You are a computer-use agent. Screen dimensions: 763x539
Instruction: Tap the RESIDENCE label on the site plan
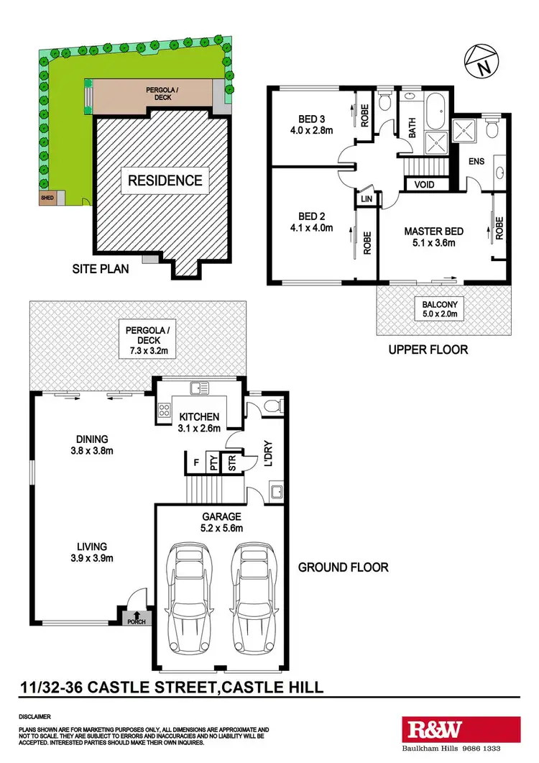click(165, 180)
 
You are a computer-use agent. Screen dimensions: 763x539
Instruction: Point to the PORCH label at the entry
click(134, 621)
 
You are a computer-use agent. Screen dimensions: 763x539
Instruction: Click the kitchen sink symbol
click(199, 388)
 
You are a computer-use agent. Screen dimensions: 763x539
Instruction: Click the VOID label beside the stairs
click(425, 185)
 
